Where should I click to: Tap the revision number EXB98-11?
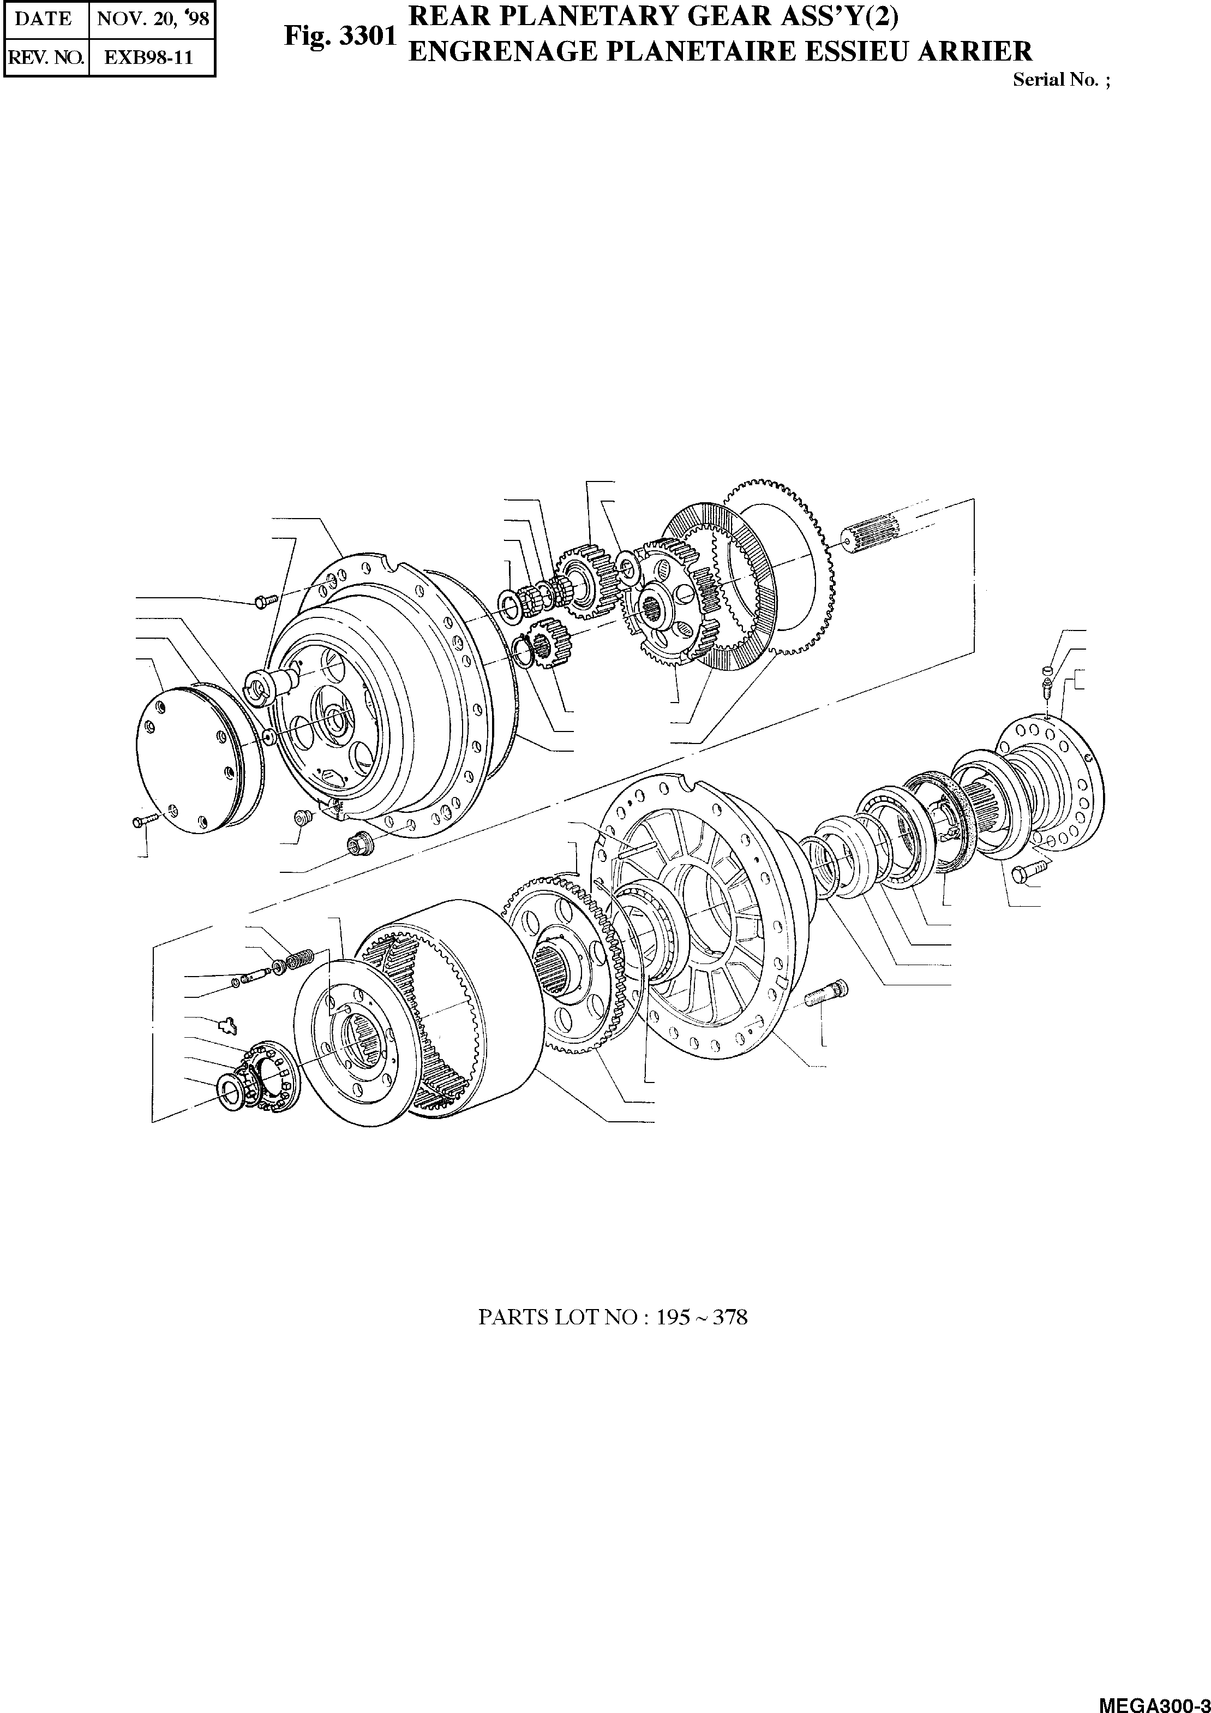click(148, 57)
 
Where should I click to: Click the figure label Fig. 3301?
click(339, 37)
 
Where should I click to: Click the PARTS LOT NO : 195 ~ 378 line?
click(612, 1317)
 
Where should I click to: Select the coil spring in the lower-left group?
click(301, 960)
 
